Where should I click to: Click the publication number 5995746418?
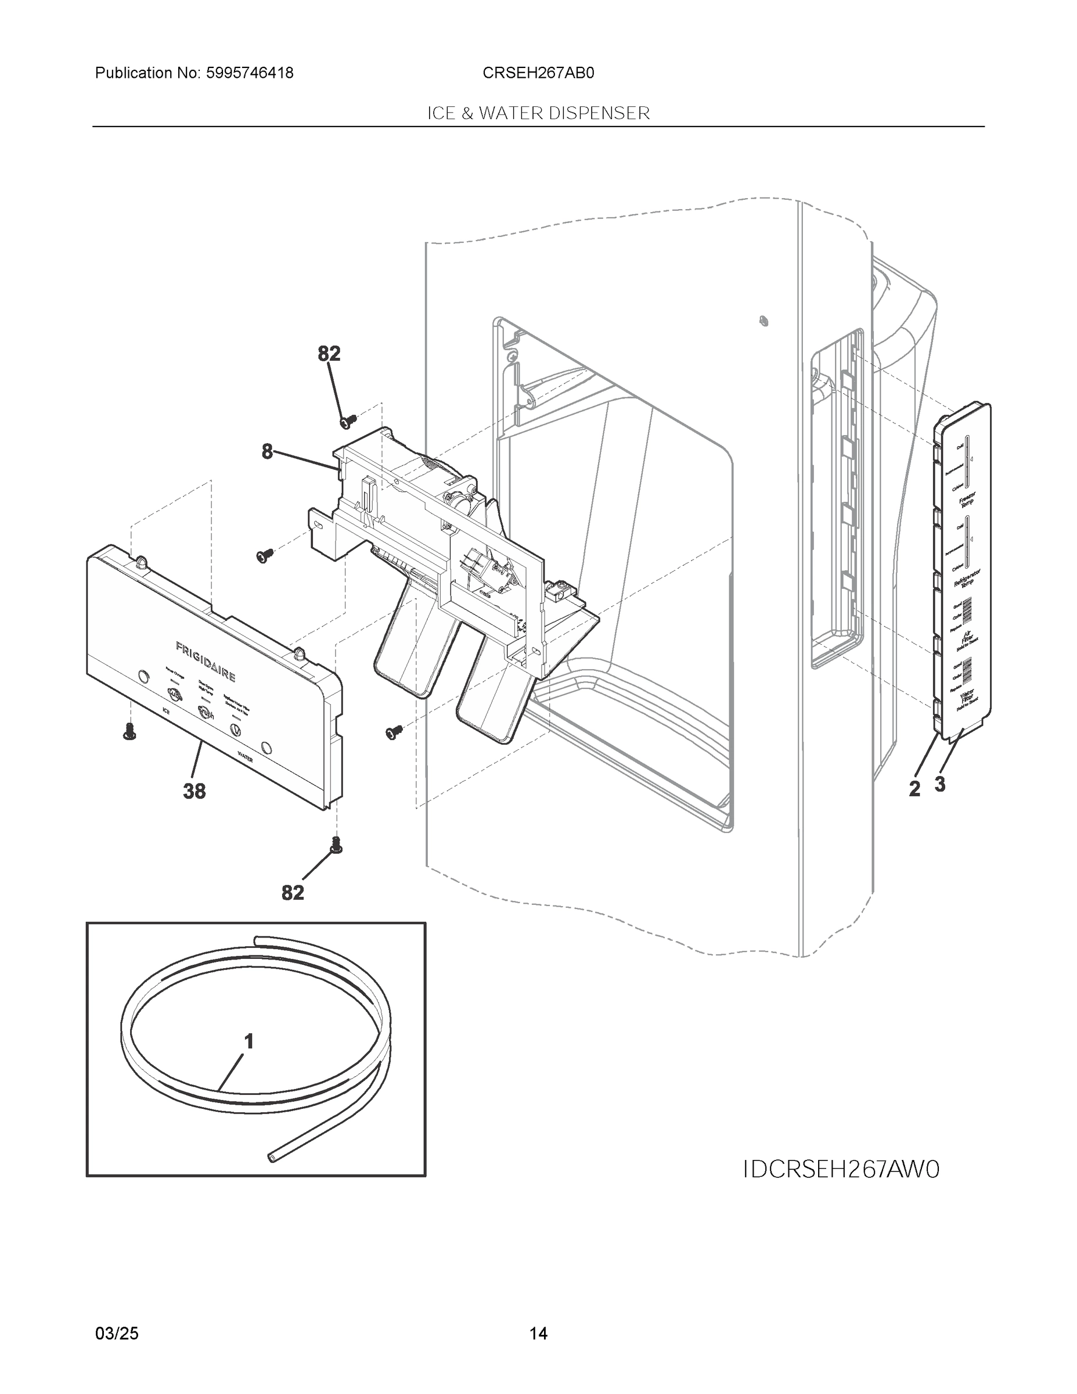pos(250,73)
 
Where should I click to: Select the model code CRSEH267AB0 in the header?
pos(538,73)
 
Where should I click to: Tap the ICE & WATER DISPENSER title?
pos(538,114)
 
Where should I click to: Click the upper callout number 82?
pos(329,354)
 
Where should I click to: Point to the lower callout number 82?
pos(293,893)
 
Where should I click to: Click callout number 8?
pos(266,452)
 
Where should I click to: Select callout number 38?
pos(194,792)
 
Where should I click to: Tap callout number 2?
pos(914,789)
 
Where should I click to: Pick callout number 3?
pos(940,785)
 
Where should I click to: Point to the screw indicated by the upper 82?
pos(348,421)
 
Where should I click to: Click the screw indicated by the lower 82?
pos(336,846)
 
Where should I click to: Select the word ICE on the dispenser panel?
pos(166,710)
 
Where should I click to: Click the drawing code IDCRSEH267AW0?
pos(841,1170)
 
